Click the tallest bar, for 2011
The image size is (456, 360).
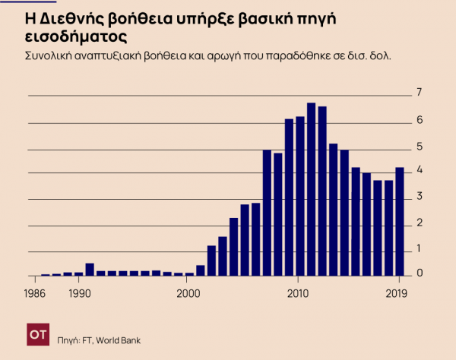pyautogui.click(x=311, y=190)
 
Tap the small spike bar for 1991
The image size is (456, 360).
pyautogui.click(x=90, y=270)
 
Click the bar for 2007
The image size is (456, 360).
pyautogui.click(x=267, y=213)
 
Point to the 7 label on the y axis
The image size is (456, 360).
pyautogui.click(x=420, y=93)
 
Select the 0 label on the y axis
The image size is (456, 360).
pyautogui.click(x=420, y=273)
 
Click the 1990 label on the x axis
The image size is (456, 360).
pyautogui.click(x=78, y=292)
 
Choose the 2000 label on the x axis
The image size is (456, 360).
pyautogui.click(x=188, y=292)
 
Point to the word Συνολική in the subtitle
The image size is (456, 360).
pyautogui.click(x=50, y=56)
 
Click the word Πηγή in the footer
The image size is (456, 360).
pyautogui.click(x=68, y=340)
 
